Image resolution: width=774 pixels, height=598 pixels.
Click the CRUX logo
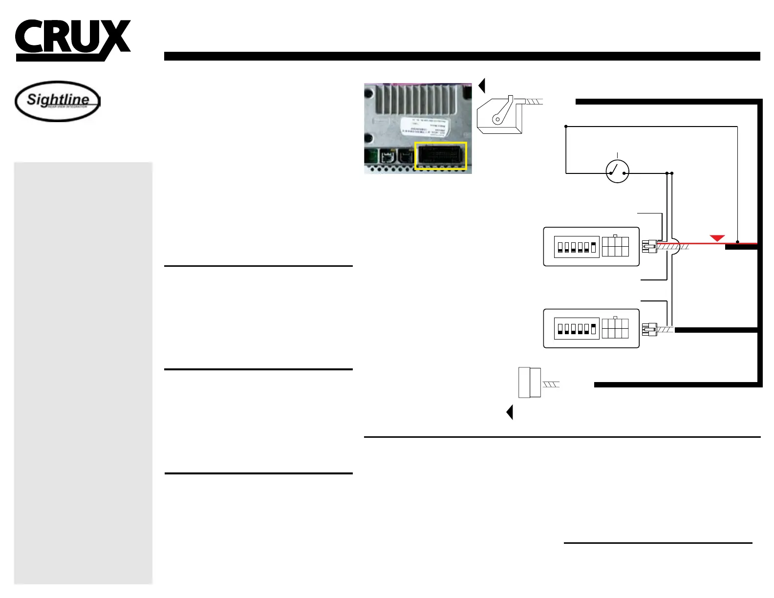pos(72,39)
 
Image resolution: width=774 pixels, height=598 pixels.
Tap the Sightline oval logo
pos(58,101)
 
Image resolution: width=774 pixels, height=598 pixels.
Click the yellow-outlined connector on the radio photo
pos(441,156)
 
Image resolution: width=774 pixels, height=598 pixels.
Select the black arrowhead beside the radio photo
pos(482,85)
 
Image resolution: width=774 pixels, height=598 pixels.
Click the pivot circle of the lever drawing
pos(497,119)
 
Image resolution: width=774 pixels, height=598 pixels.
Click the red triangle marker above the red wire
pos(717,238)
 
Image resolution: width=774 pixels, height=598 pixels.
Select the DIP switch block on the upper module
pos(577,247)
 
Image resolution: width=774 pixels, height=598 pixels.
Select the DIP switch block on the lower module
pos(577,329)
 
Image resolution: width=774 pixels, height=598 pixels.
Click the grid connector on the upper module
pos(615,246)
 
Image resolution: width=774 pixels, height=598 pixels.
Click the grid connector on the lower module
pos(615,328)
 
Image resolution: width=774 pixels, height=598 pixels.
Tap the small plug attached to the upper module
pos(649,246)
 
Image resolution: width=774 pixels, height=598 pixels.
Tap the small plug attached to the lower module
pos(649,330)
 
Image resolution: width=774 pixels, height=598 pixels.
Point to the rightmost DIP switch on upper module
pos(593,247)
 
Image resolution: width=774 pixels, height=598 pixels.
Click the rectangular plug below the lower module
pos(529,383)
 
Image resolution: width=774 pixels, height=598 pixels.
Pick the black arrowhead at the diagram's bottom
pos(510,412)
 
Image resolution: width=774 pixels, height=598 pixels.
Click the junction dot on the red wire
pos(737,242)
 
